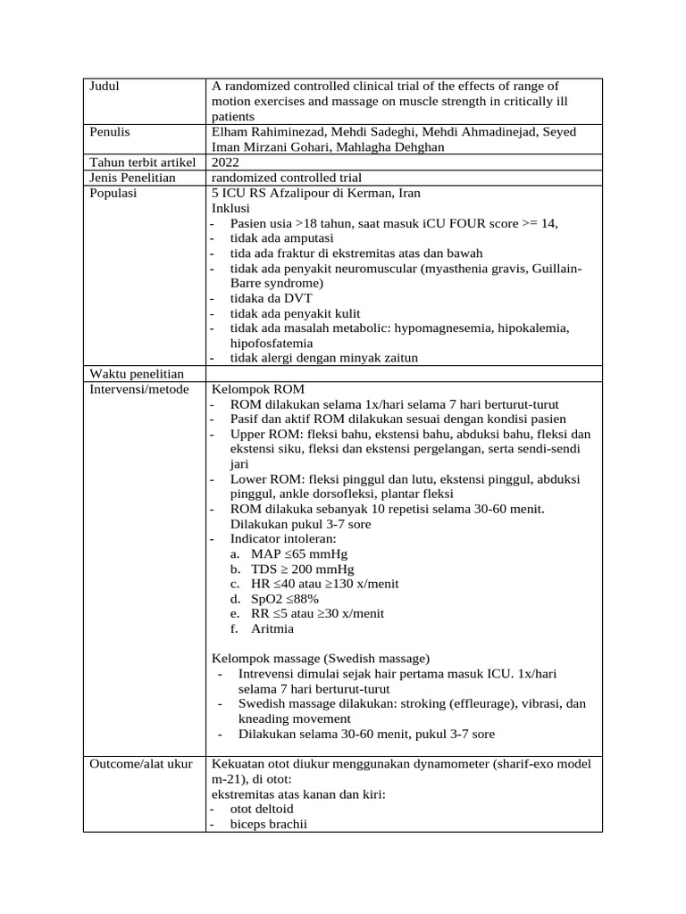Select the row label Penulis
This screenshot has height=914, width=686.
tap(110, 132)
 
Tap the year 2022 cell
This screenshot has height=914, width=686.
tap(226, 162)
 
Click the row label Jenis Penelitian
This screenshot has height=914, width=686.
tap(133, 178)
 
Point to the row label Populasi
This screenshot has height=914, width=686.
tap(114, 193)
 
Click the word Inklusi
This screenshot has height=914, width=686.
tap(231, 208)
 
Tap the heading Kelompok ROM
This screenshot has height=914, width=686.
tap(258, 389)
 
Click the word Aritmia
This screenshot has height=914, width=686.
tap(272, 629)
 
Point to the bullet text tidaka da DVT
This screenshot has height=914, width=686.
tap(271, 298)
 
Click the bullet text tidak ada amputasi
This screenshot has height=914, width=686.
tap(281, 238)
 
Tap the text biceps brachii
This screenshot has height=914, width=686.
tap(268, 825)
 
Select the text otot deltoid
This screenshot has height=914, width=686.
tap(263, 810)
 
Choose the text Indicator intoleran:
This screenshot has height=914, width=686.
tap(283, 538)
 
